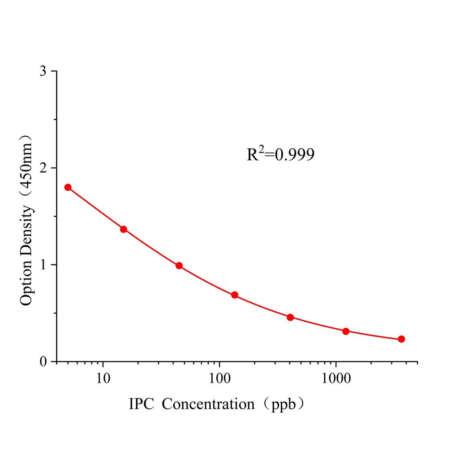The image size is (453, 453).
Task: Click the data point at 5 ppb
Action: [68, 187]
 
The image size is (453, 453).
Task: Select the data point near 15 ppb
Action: [123, 229]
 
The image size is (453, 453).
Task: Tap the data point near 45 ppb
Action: [179, 265]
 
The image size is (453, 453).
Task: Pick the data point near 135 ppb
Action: [234, 295]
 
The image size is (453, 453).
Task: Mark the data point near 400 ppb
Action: [290, 317]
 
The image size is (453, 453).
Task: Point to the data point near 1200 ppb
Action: [346, 331]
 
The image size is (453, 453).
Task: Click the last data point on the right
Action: [401, 339]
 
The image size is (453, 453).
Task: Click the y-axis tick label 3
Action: [43, 71]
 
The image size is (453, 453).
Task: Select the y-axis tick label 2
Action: [43, 168]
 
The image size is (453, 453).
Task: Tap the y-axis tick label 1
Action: [43, 265]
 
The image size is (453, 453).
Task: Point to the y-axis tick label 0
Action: [43, 362]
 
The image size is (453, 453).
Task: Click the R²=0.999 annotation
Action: [280, 154]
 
